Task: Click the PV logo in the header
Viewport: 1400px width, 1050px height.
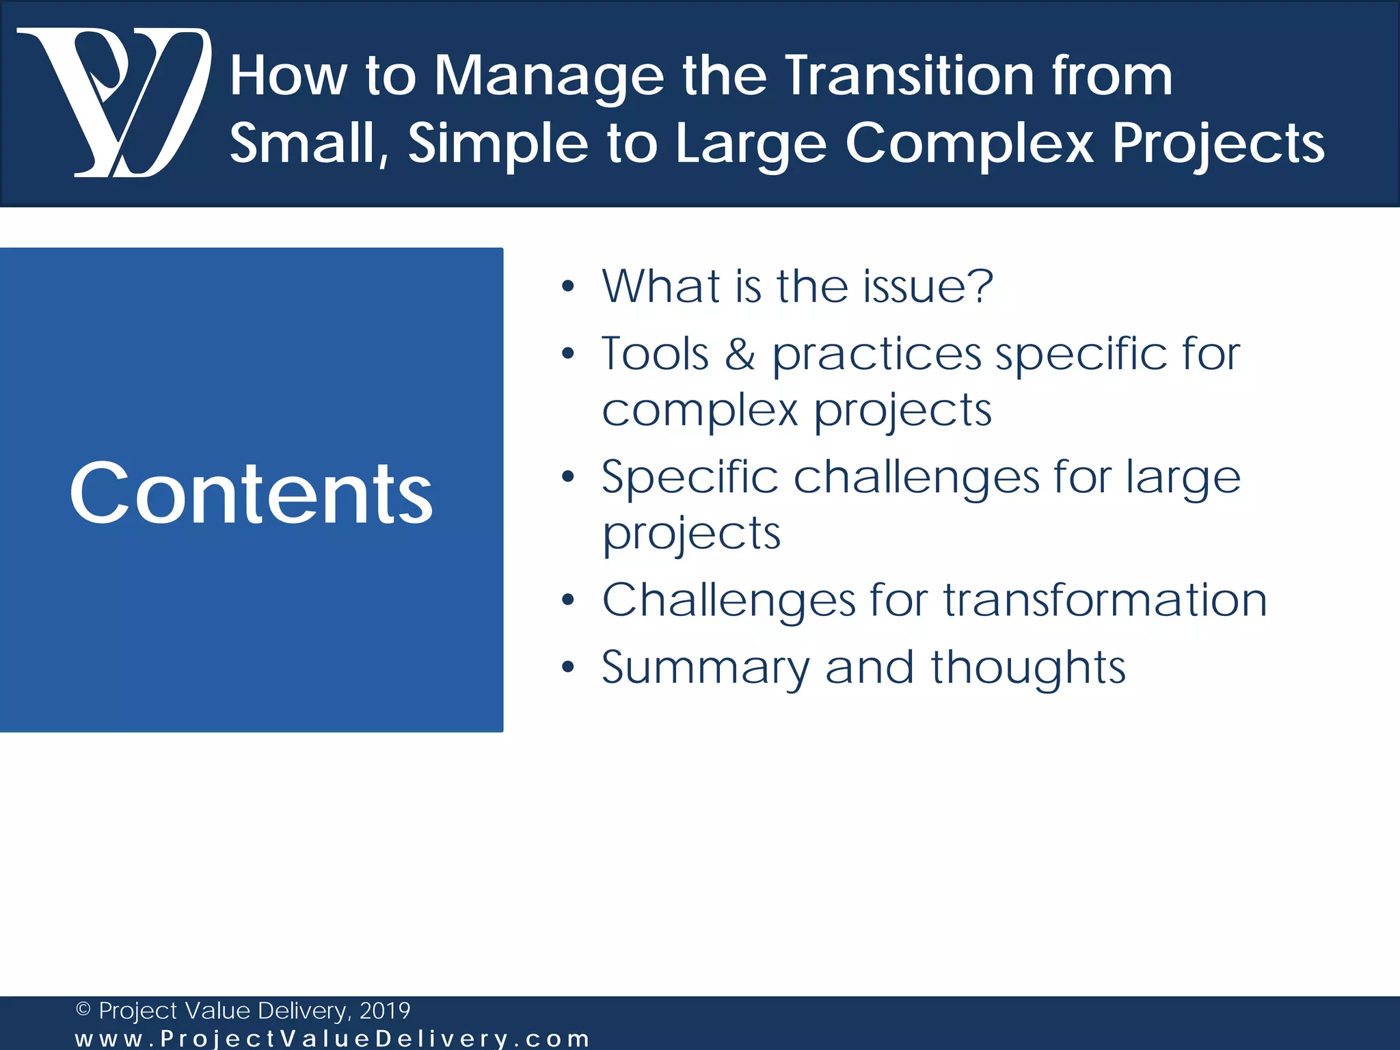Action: (113, 103)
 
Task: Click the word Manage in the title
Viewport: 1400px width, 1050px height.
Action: (549, 77)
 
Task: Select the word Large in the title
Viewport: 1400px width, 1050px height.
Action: (751, 145)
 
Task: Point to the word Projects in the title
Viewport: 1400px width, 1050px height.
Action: (1218, 145)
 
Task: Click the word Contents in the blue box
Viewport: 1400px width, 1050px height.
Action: (251, 493)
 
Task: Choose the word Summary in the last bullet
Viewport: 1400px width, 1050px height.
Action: (705, 669)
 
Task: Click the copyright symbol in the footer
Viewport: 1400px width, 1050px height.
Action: (83, 1010)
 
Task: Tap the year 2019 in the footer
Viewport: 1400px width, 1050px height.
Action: (384, 1010)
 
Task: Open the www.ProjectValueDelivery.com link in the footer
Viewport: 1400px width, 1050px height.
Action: (332, 1039)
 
